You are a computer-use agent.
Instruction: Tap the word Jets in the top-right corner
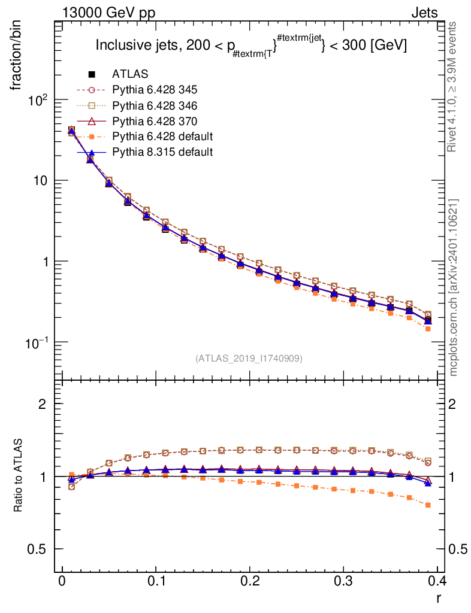click(424, 12)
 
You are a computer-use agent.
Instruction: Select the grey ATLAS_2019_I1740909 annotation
click(249, 359)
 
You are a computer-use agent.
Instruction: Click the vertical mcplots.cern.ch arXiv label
click(454, 287)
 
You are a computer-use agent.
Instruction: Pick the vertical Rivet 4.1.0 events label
click(454, 86)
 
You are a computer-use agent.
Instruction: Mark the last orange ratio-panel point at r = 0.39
click(428, 505)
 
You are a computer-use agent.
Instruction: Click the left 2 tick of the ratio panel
click(43, 404)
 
